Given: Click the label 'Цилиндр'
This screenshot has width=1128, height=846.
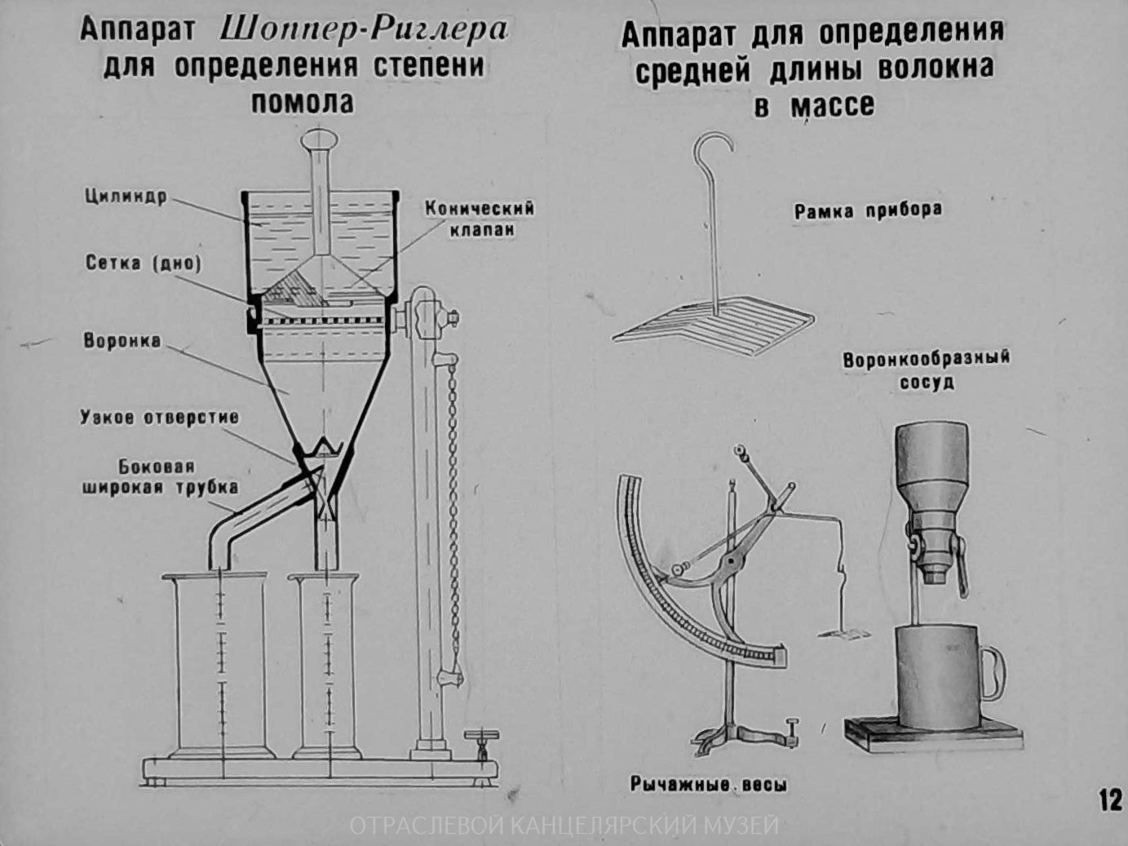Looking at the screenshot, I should [x=125, y=197].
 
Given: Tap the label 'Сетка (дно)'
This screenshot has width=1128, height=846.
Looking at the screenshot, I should [x=143, y=263].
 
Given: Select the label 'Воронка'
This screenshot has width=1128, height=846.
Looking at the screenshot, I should [x=122, y=340].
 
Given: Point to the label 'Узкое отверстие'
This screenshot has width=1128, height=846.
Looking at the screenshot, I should [x=159, y=417].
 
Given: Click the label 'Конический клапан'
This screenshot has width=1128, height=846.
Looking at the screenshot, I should [x=480, y=219].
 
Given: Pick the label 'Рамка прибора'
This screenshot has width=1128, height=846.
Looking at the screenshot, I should [x=868, y=210].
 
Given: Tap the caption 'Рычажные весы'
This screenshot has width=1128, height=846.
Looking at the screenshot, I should [x=708, y=785].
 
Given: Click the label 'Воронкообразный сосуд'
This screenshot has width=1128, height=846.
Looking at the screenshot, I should [x=926, y=370].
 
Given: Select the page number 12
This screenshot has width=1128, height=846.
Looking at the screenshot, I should [x=1110, y=799].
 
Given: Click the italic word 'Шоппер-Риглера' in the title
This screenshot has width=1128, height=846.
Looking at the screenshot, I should [x=364, y=30].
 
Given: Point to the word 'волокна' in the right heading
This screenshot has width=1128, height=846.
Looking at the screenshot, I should [x=936, y=69].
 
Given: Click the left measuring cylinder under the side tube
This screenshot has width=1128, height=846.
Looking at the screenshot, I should [x=217, y=665].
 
